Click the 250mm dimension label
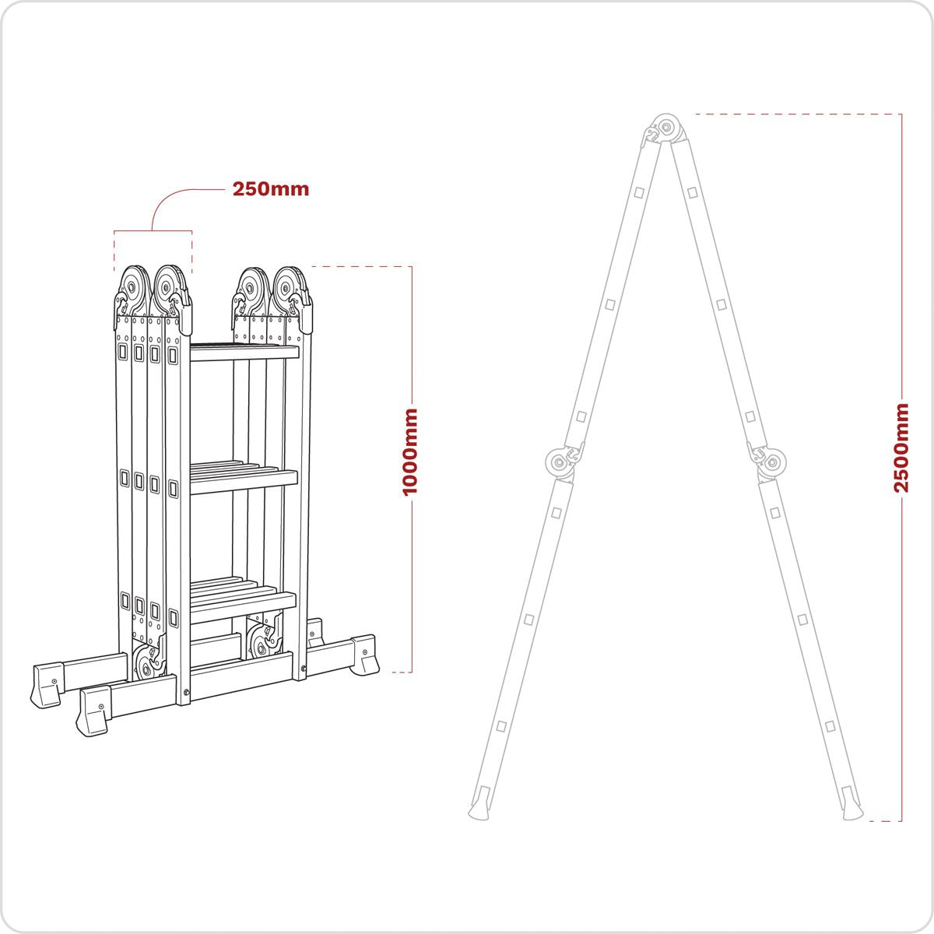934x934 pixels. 270,189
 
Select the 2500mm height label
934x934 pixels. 901,448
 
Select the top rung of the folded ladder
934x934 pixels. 244,353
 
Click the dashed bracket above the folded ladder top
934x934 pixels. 153,232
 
